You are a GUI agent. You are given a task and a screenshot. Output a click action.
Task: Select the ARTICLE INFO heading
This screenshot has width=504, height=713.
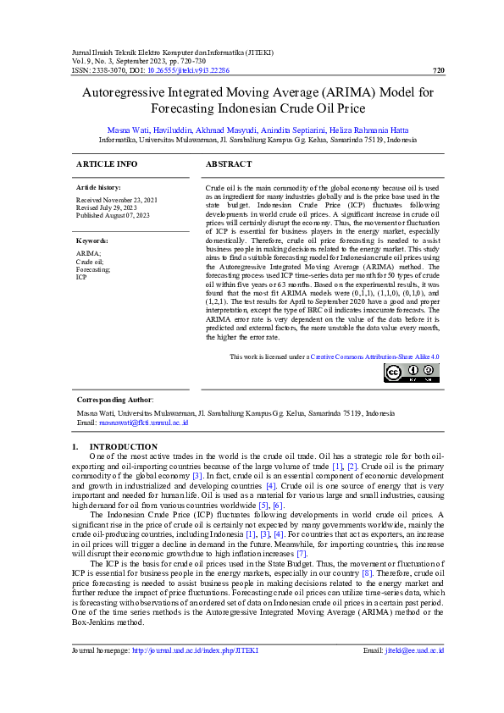coord(107,163)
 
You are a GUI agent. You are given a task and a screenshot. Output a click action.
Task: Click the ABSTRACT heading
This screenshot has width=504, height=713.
coord(229,163)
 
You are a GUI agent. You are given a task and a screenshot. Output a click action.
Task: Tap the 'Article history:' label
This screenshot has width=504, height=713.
coord(98,186)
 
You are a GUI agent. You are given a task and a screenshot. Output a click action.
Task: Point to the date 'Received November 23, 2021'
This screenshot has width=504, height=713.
coord(117,199)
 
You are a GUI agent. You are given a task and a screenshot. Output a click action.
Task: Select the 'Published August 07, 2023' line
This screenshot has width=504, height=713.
coord(113,215)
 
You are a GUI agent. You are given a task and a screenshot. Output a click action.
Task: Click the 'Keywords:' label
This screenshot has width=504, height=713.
coord(92,240)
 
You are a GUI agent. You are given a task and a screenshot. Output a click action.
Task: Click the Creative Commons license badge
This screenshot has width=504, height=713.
coord(412,373)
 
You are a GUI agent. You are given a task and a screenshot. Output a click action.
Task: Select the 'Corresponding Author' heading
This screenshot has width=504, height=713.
coord(114,399)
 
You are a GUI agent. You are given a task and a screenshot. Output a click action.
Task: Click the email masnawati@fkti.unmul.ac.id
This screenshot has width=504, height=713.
coord(143,422)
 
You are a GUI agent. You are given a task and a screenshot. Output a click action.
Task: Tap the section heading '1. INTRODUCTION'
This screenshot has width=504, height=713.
coord(114,446)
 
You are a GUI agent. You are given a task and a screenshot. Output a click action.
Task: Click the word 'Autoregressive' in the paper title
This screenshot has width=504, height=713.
coord(119,92)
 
